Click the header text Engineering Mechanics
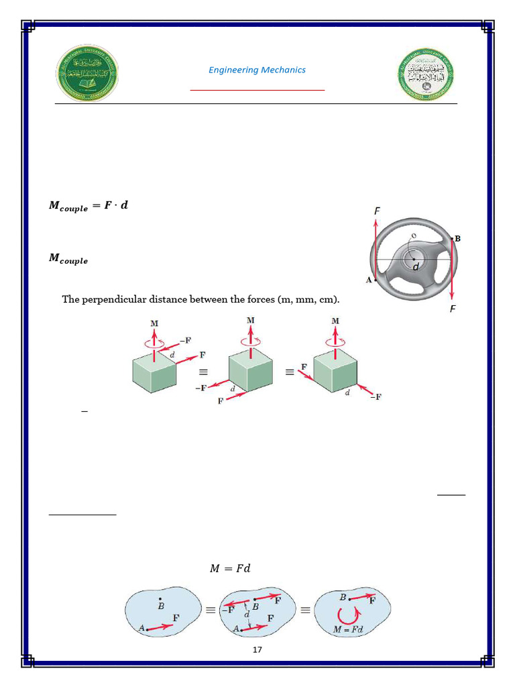coord(257,70)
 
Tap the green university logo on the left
coord(86,74)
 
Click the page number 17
coord(257,649)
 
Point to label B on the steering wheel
coord(457,238)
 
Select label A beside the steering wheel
coord(368,280)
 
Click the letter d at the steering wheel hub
coord(416,266)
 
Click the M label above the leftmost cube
coord(154,323)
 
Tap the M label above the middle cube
coord(250,321)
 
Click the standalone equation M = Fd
coord(230,568)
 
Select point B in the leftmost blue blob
coord(160,603)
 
